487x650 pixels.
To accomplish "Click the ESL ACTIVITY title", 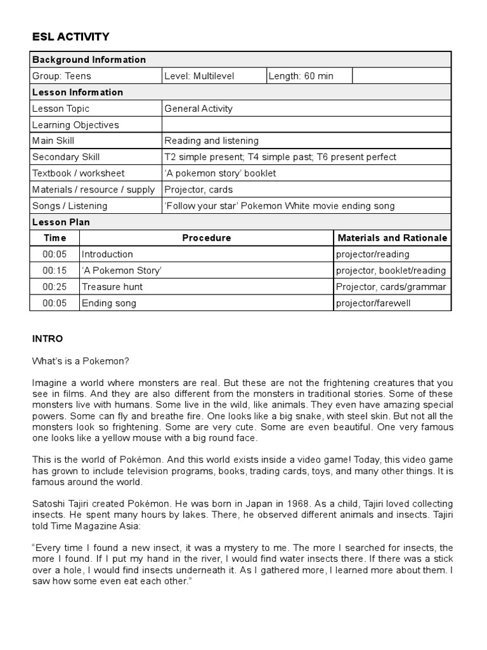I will click(x=70, y=37).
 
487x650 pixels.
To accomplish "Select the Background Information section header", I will click(x=89, y=60).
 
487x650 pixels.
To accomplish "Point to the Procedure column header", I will click(x=207, y=238).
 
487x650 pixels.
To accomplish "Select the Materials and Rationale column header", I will click(x=392, y=238).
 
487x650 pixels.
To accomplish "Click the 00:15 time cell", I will click(x=55, y=270).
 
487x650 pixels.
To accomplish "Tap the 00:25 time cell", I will click(x=55, y=287).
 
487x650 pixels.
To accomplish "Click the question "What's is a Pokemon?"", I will click(x=81, y=361).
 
